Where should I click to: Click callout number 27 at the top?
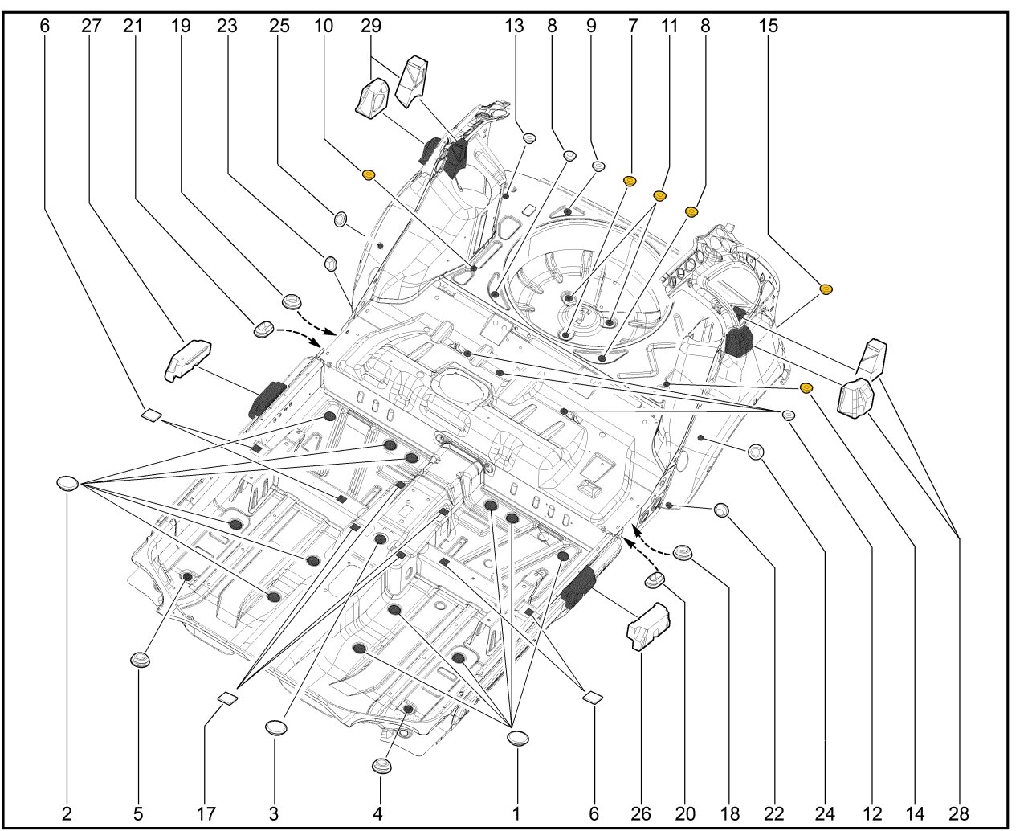92,25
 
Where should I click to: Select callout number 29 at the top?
370,25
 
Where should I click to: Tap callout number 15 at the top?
768,25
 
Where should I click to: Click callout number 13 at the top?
514,25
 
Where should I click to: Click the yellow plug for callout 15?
825,289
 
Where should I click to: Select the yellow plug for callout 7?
630,180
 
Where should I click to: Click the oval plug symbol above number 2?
67,483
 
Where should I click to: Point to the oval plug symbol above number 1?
518,738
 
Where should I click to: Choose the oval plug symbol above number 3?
276,727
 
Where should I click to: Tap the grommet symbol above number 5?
141,661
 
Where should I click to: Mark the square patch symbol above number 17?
227,698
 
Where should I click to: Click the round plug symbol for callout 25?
340,218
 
